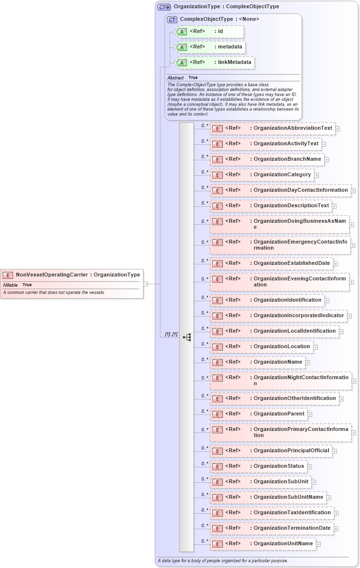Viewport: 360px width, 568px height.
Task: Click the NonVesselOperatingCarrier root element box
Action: (72, 275)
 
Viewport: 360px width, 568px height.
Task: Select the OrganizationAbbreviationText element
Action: (272, 128)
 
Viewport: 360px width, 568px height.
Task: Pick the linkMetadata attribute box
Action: (214, 62)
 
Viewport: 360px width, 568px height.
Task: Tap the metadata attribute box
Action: (209, 47)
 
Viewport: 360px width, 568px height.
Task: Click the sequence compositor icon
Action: (187, 337)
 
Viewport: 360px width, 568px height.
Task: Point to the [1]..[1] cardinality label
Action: (171, 335)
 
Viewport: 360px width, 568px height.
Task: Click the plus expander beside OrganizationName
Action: (308, 362)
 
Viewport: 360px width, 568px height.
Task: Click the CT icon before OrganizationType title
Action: (164, 7)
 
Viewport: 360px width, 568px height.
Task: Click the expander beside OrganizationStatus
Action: (310, 466)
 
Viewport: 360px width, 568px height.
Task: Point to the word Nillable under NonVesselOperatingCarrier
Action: (10, 285)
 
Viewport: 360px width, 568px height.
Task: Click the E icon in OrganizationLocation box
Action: (218, 347)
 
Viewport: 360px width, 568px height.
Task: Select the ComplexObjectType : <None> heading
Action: (219, 19)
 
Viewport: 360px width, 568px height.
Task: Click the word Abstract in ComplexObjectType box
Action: (175, 78)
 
